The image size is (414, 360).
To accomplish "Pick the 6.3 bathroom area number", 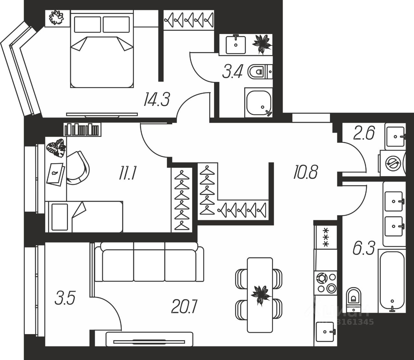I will click(363, 250).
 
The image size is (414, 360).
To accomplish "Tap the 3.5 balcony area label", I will click(65, 298).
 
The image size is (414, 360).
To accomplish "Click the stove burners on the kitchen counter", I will click(326, 283).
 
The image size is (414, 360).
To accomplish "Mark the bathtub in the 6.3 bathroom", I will click(392, 280).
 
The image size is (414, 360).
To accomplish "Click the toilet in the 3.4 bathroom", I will click(258, 72).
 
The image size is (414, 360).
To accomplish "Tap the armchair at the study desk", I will click(78, 168).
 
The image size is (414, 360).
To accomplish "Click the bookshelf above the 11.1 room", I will click(82, 129).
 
